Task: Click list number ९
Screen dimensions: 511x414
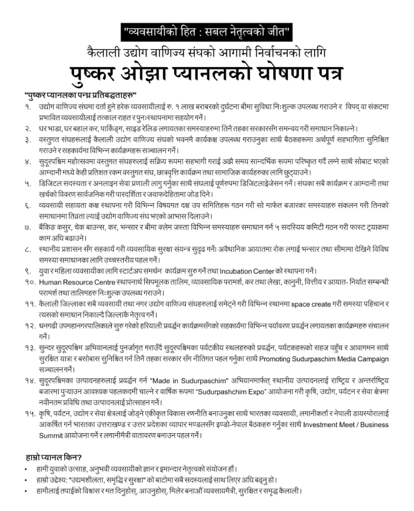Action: (x=27, y=271)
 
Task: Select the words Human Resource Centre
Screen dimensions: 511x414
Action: (x=74, y=282)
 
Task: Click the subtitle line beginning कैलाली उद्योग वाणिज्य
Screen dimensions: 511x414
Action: (x=207, y=52)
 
